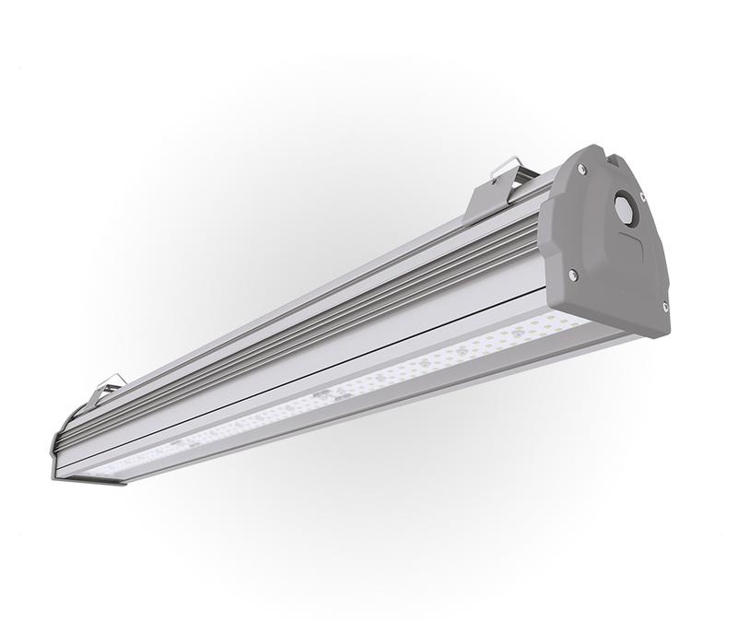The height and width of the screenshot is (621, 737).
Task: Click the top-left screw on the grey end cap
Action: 582,170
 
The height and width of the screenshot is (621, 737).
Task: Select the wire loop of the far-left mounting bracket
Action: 112,380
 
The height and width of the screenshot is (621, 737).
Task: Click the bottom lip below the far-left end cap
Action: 92,478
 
